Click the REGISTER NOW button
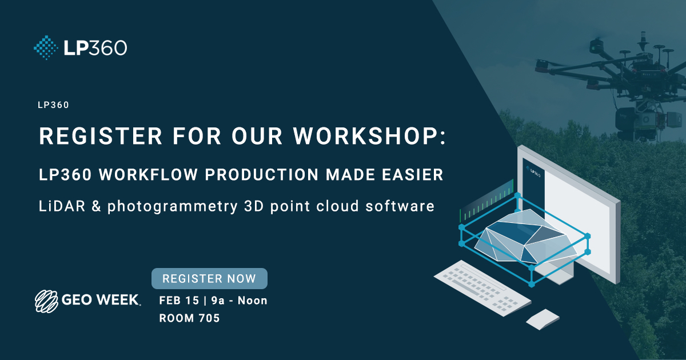tap(209, 279)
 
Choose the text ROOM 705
tap(189, 319)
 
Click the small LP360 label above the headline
tap(54, 105)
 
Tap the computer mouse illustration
tap(543, 319)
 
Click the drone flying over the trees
tap(612, 74)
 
